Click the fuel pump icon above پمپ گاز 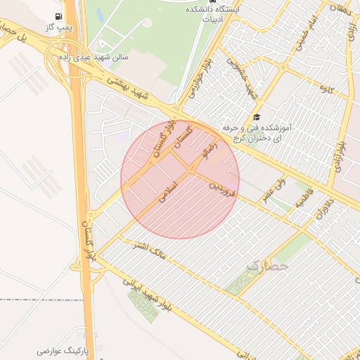click(58, 15)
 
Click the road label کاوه click(326, 89)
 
